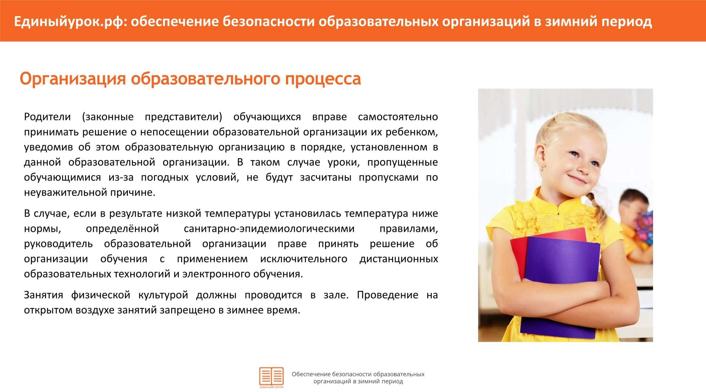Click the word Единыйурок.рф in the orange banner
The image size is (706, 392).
70,22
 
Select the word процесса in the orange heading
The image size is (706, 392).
323,79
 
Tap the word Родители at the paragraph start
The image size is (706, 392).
47,117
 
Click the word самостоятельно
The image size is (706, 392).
398,117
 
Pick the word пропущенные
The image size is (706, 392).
403,162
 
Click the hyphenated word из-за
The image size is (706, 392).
121,177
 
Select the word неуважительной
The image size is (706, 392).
65,193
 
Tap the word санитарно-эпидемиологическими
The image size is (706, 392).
269,229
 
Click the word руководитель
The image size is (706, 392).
58,244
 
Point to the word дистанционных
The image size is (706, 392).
399,259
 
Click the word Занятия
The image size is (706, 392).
44,295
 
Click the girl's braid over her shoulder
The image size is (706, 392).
599,207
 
